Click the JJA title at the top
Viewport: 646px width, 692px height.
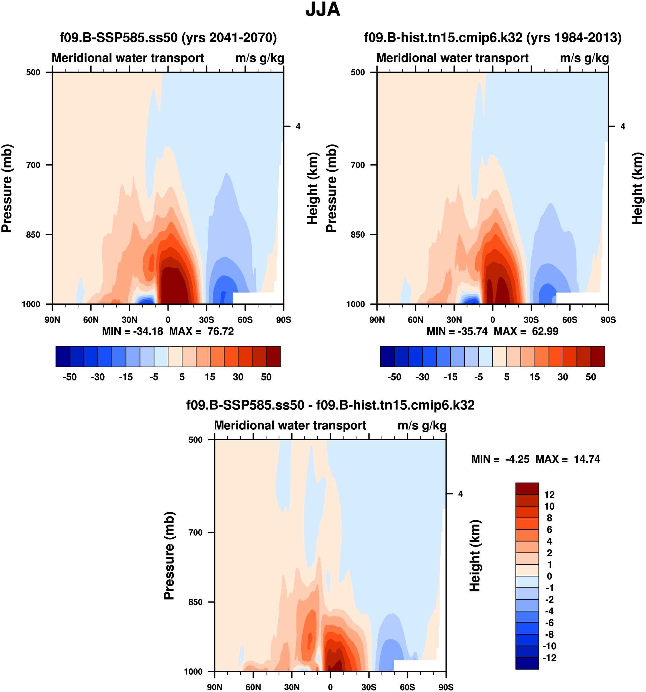(x=323, y=10)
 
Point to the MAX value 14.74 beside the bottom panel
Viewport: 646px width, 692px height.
(x=587, y=459)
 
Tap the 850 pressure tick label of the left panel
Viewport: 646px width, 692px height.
(x=34, y=234)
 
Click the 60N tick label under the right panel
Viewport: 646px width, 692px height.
(x=415, y=320)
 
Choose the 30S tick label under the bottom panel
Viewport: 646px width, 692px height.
(x=369, y=687)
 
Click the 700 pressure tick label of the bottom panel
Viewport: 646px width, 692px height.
(x=196, y=532)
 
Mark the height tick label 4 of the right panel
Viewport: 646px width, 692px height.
(x=623, y=126)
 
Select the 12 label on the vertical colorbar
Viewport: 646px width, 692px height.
(x=549, y=494)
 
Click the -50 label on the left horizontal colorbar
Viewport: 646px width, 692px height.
(x=70, y=377)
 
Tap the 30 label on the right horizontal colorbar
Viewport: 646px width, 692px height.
(x=563, y=377)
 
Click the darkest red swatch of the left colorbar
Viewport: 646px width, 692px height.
(x=273, y=356)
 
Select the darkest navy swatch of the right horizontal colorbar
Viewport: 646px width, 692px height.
(x=387, y=356)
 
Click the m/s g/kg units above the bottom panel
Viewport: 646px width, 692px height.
(x=422, y=425)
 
